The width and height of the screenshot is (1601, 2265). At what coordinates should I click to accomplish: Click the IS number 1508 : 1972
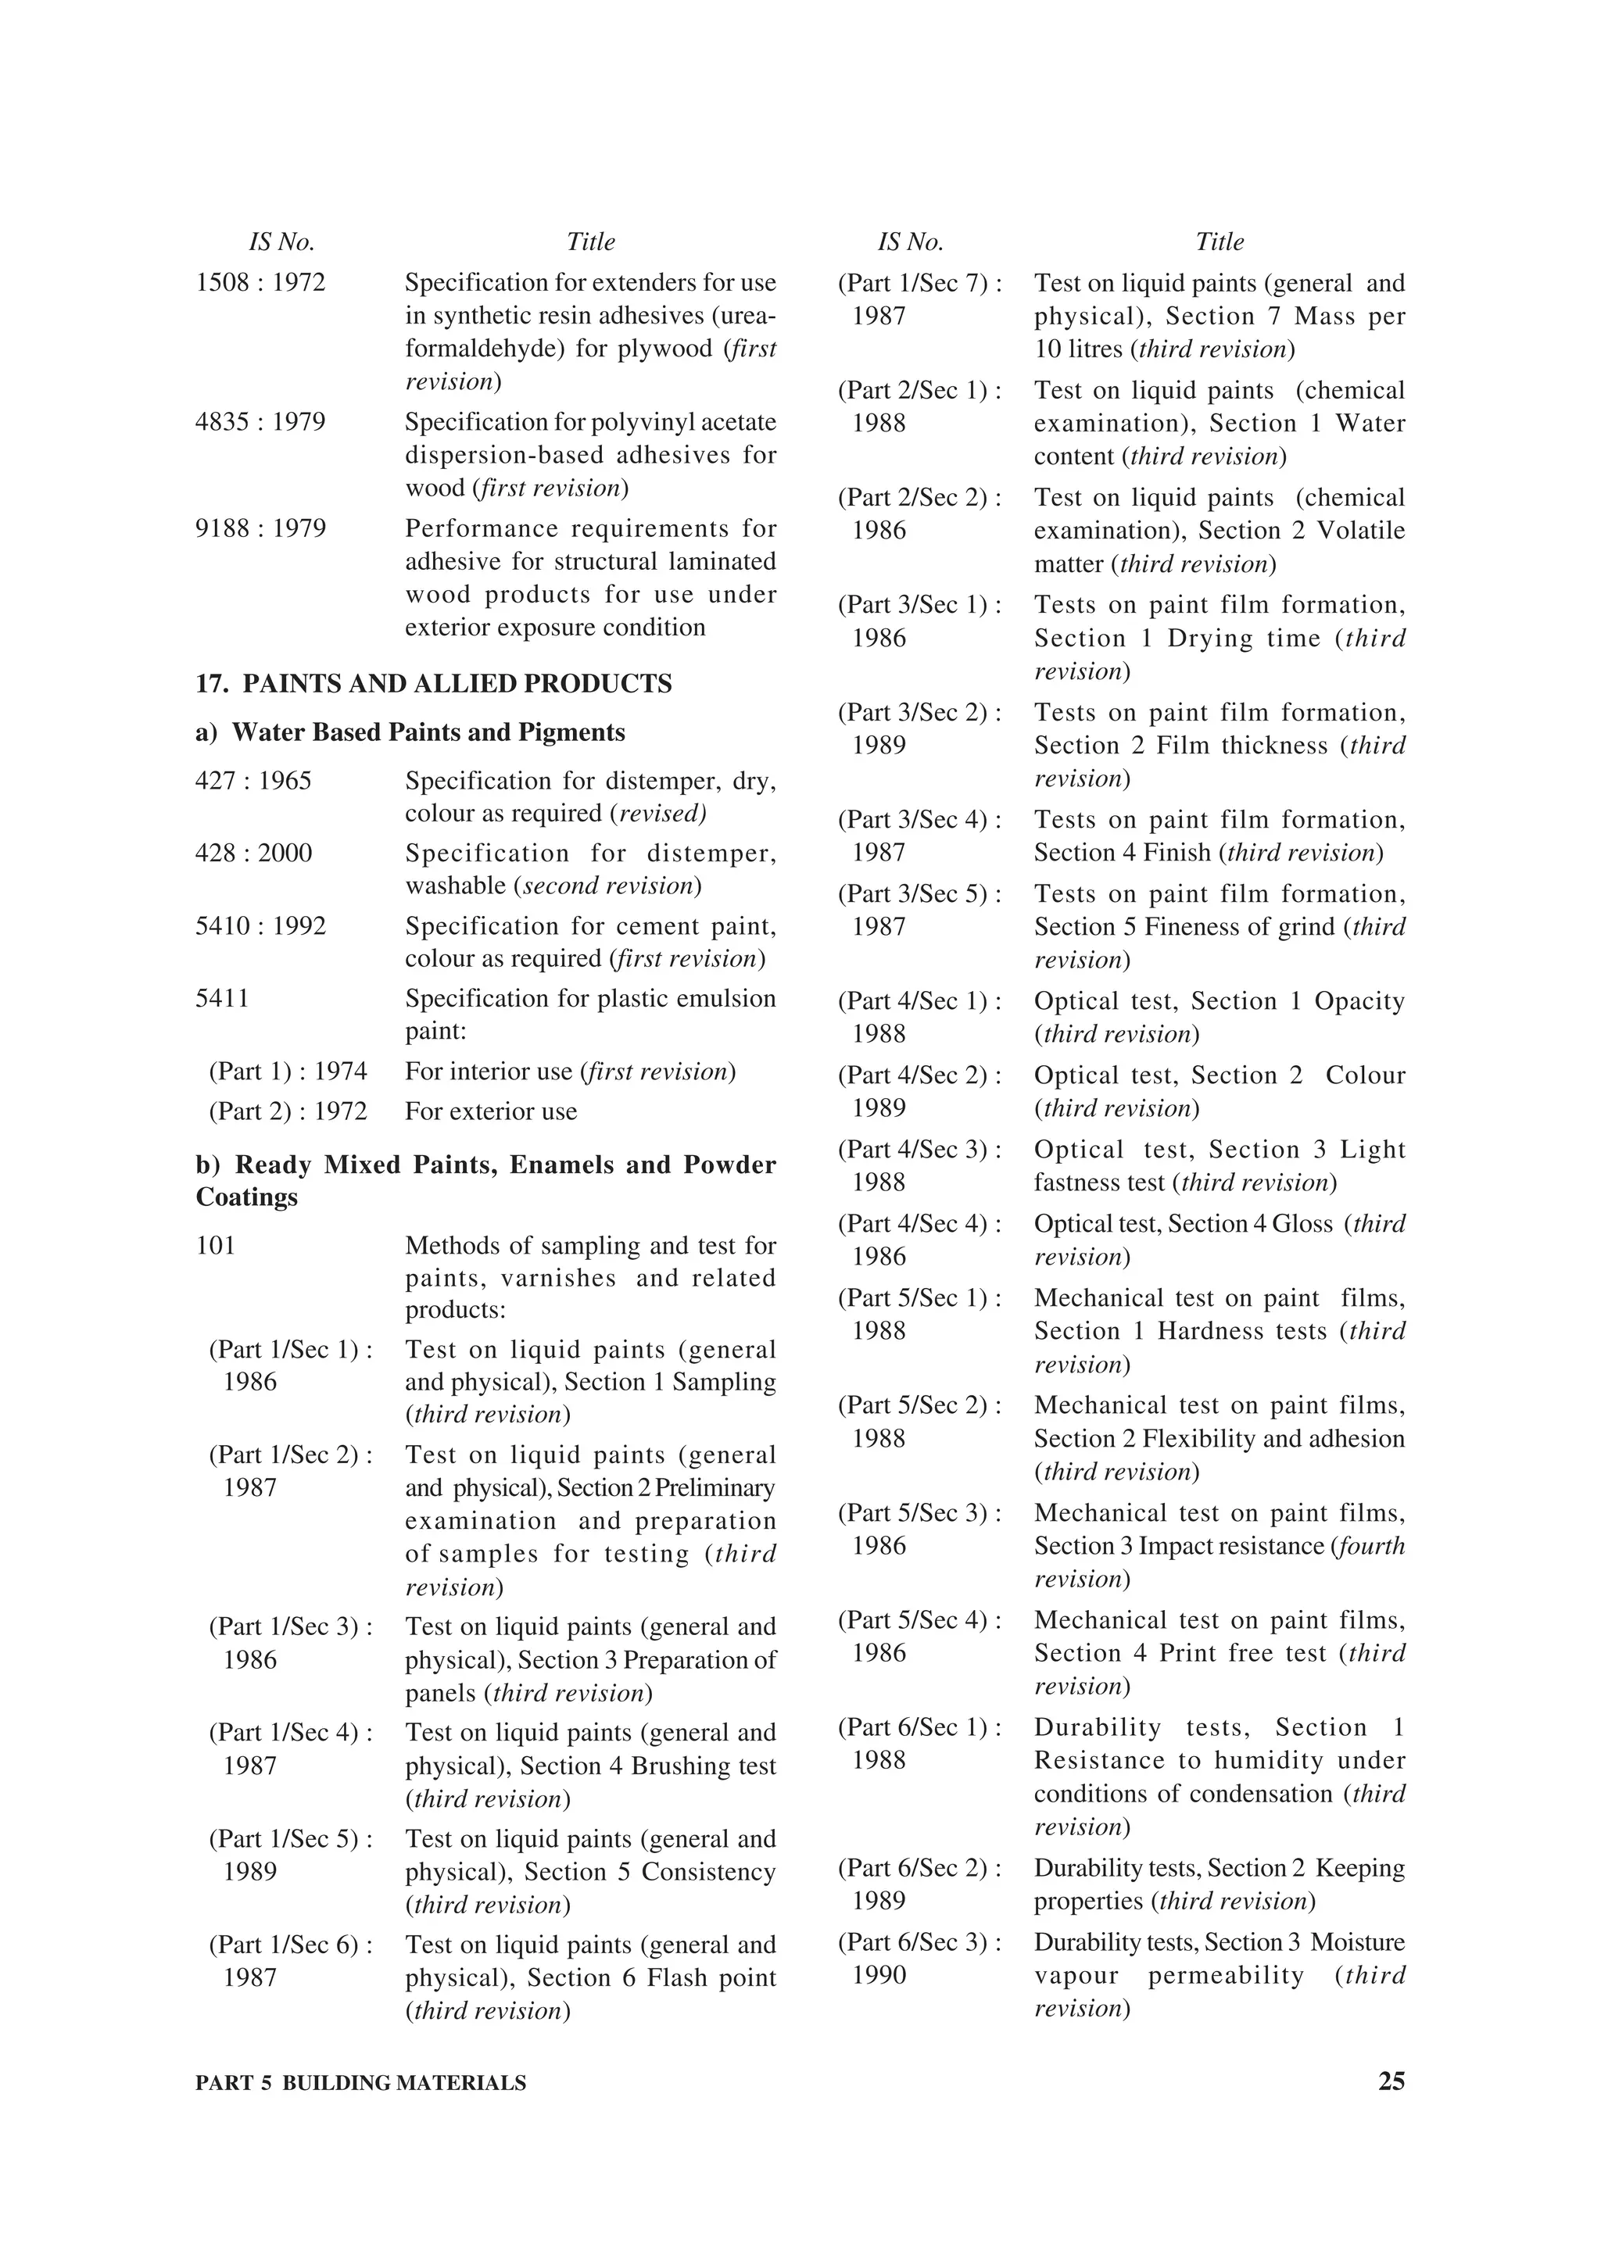click(260, 283)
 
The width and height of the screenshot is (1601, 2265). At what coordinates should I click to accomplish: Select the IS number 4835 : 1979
click(260, 422)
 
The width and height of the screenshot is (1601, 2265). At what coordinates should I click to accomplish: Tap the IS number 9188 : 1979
click(260, 529)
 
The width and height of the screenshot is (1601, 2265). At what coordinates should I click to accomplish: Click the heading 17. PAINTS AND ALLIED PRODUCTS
click(434, 684)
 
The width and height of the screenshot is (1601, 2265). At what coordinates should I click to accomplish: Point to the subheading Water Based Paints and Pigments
click(428, 732)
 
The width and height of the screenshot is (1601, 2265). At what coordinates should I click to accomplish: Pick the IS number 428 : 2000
click(253, 853)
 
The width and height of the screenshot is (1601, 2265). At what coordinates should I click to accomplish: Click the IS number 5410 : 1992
click(260, 925)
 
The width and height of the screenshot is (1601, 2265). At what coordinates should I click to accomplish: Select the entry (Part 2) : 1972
click(287, 1111)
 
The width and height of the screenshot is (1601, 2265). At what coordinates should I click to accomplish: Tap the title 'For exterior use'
click(490, 1111)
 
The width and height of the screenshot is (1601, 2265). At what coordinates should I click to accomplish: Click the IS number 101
click(216, 1245)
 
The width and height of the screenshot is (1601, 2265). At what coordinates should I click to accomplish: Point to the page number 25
click(1391, 2081)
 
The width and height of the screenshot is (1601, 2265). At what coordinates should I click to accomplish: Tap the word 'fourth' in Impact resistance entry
click(1370, 1546)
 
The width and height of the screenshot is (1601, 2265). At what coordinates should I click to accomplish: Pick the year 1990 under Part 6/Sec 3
click(879, 1975)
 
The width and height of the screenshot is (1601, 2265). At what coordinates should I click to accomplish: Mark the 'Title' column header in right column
click(1220, 242)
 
